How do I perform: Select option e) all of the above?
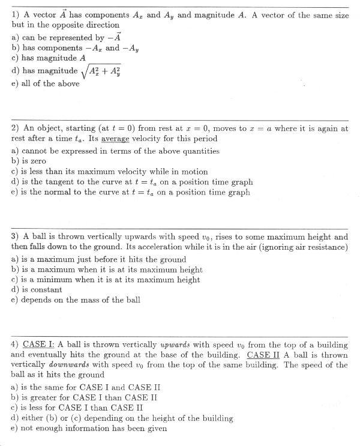(46, 83)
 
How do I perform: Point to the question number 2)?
(16, 128)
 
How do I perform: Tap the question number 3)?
(16, 237)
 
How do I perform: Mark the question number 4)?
(16, 345)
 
